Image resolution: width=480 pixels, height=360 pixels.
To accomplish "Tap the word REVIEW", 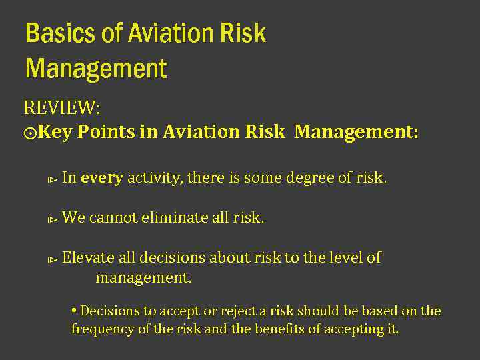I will click(59, 107).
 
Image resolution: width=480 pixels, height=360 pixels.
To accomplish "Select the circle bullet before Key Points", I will click(30, 133).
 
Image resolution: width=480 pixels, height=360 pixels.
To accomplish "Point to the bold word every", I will click(102, 178).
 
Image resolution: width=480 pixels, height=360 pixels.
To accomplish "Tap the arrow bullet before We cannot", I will click(51, 219).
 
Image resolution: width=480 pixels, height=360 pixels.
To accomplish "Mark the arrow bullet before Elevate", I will click(51, 259).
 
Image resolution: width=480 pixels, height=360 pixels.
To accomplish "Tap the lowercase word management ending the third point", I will click(143, 277).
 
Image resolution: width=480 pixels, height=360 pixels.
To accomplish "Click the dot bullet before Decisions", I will click(74, 310).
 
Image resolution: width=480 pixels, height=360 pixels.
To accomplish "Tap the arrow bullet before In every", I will click(51, 179).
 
